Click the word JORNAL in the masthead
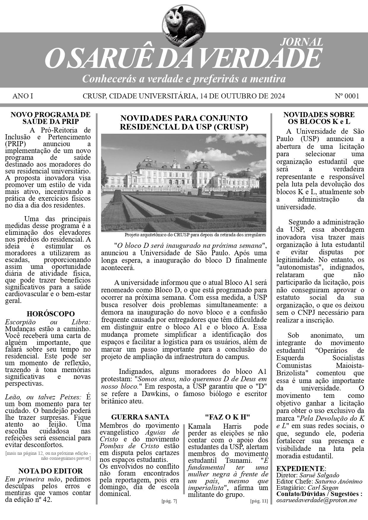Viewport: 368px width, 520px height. pos(302,42)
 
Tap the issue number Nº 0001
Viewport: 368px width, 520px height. pos(347,96)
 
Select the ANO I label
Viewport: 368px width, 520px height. pos(23,96)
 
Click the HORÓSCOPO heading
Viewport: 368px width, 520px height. pos(51,314)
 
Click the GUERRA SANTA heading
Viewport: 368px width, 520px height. pos(140,417)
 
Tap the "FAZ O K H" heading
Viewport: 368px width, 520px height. pos(227,417)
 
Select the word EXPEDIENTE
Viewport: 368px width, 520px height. pos(300,468)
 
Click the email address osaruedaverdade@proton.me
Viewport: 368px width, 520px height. pos(317,500)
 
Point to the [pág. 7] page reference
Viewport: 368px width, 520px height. pos(169,501)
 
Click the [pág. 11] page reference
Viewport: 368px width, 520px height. pos(259,501)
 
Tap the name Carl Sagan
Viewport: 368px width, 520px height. pos(323,487)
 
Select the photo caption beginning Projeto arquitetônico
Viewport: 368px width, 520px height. pos(195,235)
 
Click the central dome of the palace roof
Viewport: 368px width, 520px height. pos(176,160)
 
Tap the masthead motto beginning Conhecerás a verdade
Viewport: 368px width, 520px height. pos(184,79)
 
